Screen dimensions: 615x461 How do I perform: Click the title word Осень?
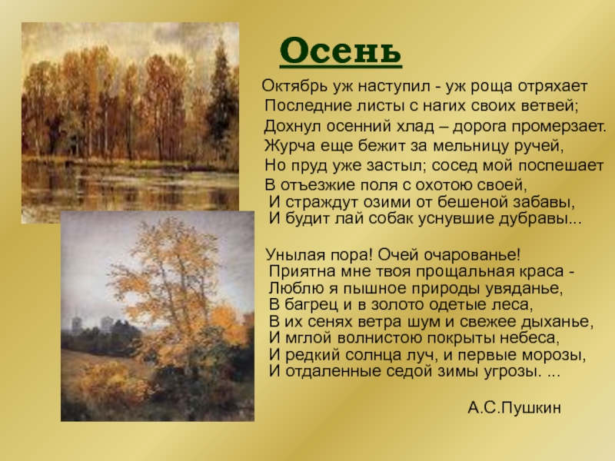click(x=341, y=51)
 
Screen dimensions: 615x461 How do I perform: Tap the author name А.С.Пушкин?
click(x=514, y=408)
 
